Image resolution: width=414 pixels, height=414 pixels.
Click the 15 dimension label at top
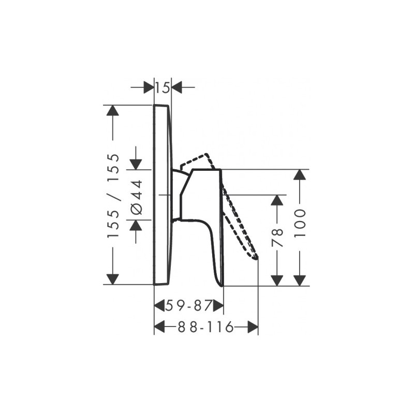(162, 87)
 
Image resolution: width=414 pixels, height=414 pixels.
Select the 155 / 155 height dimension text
(113, 196)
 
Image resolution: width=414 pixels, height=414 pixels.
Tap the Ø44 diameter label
(137, 196)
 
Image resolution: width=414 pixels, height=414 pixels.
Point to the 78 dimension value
(277, 238)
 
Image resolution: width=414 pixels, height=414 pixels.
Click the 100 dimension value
(300, 223)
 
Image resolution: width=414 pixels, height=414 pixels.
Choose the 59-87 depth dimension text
(188, 306)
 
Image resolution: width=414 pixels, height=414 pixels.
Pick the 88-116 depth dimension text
(206, 328)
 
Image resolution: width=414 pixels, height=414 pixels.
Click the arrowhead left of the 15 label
(149, 87)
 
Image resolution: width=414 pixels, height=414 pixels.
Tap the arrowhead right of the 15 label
(176, 87)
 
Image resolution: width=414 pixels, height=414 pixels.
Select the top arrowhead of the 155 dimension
(113, 110)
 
